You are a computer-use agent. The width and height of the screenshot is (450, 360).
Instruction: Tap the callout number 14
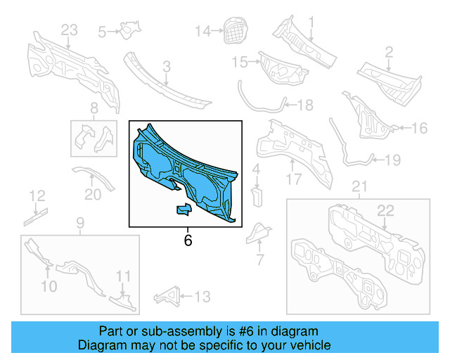pyautogui.click(x=202, y=31)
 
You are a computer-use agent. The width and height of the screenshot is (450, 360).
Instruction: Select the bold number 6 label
pyautogui.click(x=188, y=240)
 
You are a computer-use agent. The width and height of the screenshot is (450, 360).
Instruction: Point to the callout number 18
pyautogui.click(x=304, y=105)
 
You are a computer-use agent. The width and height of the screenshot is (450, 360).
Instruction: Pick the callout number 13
pyautogui.click(x=202, y=297)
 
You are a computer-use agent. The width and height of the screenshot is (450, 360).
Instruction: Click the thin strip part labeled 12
pyautogui.click(x=34, y=216)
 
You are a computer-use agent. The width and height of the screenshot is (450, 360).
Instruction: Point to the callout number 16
pyautogui.click(x=419, y=128)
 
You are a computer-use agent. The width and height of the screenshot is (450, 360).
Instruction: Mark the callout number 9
pyautogui.click(x=79, y=224)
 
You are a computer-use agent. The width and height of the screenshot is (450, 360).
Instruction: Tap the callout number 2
pyautogui.click(x=388, y=51)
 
